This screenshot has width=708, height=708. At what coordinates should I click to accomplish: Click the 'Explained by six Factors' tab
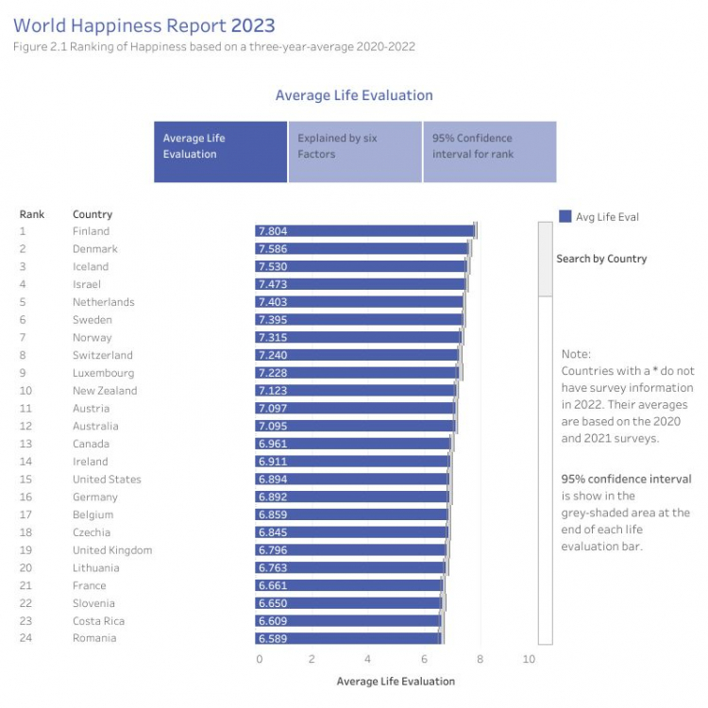[x=355, y=152]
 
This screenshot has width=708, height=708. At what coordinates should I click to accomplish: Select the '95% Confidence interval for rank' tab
[x=489, y=152]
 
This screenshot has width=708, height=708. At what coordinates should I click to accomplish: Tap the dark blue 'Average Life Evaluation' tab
[x=220, y=152]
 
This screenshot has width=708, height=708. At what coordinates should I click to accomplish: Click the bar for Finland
[x=365, y=231]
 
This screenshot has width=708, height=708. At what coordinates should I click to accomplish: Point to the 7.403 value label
[x=273, y=302]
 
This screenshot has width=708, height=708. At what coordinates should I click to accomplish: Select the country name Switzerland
[x=103, y=355]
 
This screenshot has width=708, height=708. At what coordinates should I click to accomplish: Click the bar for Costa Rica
[x=348, y=621]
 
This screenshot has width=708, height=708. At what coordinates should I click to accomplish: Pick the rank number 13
[x=25, y=444]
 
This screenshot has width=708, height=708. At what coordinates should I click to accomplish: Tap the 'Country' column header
[x=93, y=214]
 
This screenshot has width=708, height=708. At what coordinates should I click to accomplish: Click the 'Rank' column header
[x=31, y=214]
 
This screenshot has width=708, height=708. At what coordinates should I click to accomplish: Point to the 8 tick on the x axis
[x=480, y=659]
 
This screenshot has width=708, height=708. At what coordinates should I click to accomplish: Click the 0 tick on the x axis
[x=260, y=659]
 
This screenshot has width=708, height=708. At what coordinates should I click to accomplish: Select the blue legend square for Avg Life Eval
[x=565, y=216]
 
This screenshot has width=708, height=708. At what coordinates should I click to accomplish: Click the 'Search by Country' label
[x=601, y=259]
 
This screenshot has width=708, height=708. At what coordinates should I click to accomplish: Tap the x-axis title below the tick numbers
[x=396, y=682]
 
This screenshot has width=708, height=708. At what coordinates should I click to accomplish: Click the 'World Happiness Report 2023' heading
[x=144, y=25]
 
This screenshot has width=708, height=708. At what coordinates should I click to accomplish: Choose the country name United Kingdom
[x=112, y=550]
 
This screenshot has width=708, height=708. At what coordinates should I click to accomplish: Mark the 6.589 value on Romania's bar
[x=273, y=638]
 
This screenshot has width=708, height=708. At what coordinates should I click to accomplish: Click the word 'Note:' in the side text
[x=576, y=354]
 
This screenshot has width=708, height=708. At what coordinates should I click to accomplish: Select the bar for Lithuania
[x=350, y=567]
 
